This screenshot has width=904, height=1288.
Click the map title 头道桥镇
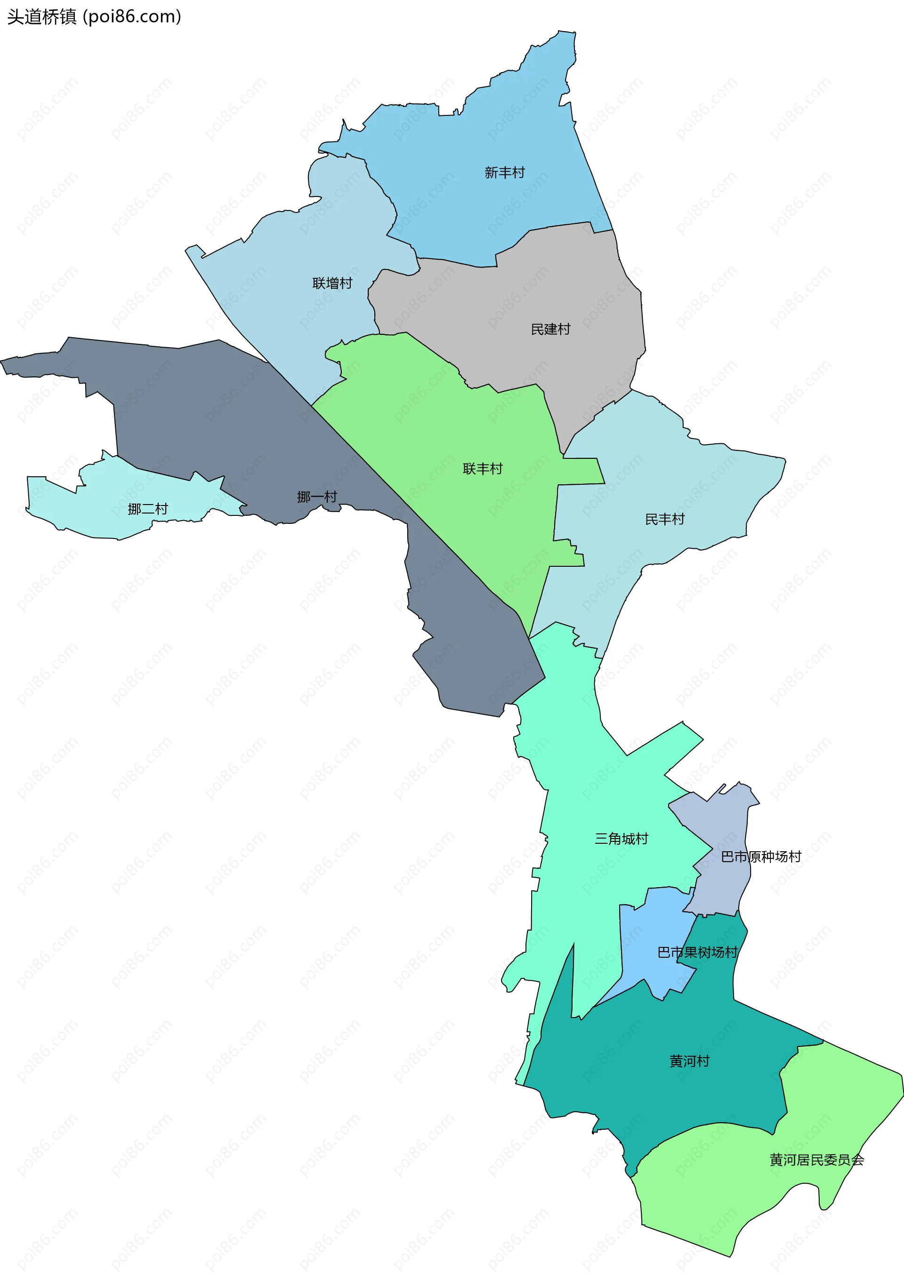41,17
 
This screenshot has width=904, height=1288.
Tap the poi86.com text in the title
132,17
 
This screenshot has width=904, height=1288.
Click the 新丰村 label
505,172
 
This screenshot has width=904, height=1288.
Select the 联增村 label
332,283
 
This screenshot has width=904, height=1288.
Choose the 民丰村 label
664,519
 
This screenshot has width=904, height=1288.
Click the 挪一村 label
317,497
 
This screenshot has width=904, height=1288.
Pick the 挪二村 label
147,509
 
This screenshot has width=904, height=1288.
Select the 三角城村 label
621,839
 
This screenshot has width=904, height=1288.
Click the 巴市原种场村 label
761,856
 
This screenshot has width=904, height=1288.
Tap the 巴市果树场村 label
697,952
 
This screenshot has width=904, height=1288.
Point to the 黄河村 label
689,1061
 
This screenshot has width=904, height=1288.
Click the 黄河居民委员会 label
816,1159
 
